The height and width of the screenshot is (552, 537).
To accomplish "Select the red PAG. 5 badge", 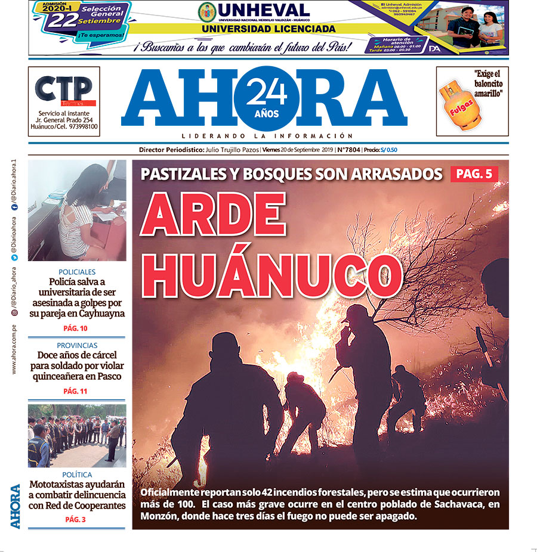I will tap(474, 174).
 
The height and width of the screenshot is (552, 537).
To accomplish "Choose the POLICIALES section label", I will tap(77, 271).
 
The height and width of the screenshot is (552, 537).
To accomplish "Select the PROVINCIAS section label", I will tap(77, 346).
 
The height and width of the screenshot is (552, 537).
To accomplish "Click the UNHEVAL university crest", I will tap(208, 11).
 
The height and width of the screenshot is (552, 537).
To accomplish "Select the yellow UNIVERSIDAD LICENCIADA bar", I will tap(268, 29).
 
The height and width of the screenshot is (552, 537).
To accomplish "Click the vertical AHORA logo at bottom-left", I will tap(16, 506).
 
